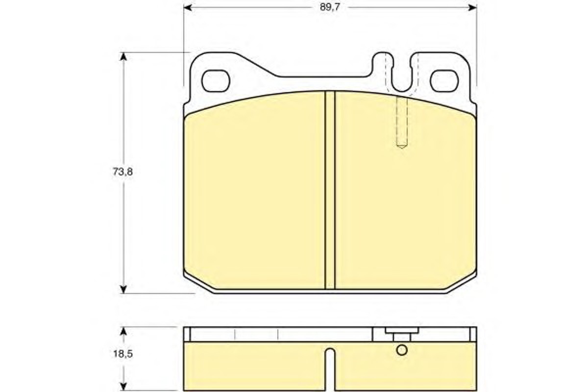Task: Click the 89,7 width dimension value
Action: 330,7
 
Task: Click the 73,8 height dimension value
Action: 122,172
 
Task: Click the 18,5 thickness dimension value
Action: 123,354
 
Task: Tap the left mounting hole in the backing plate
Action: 216,81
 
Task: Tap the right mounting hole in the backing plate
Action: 444,81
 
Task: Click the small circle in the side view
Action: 402,350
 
